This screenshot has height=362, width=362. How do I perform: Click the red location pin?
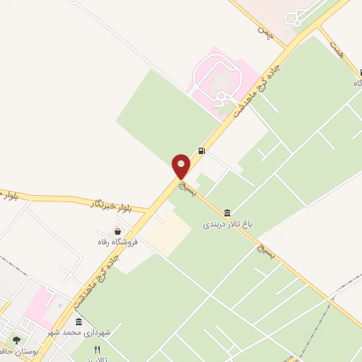click(x=182, y=166)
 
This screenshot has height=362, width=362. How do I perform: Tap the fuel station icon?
click(x=203, y=150)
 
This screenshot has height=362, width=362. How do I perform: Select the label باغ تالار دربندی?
click(x=228, y=224)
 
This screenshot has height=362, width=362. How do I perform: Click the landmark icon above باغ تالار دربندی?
click(x=227, y=212)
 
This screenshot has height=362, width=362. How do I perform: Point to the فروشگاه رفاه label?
click(x=117, y=242)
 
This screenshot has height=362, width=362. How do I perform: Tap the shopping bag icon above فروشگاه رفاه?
click(x=117, y=231)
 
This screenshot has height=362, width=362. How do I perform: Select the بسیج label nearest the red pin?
click(x=187, y=187)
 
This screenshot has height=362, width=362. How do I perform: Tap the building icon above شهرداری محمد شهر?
click(x=78, y=322)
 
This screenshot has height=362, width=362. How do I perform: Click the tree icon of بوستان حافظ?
click(x=16, y=340)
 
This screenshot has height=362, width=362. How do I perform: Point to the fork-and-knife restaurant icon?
click(x=98, y=349)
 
